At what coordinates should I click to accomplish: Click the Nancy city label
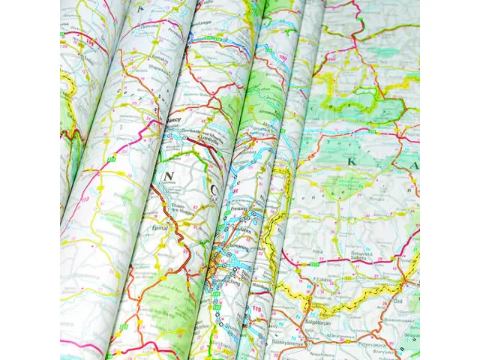(x=174, y=119)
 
